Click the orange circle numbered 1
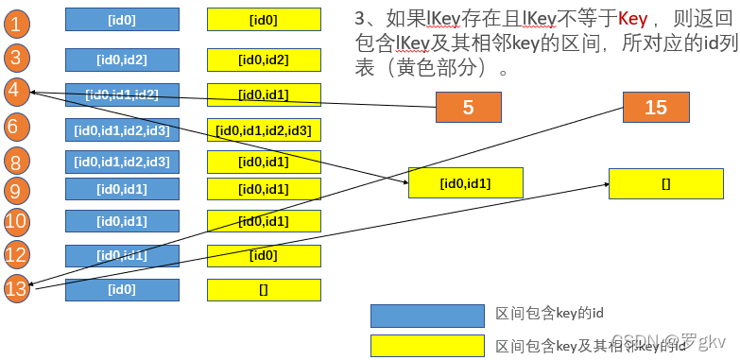tap(16, 23)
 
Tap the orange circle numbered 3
tap(16, 59)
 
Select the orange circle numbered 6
tap(16, 126)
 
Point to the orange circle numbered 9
tap(16, 190)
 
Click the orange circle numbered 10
tap(16, 222)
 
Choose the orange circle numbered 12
tap(16, 254)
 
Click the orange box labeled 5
tap(468, 108)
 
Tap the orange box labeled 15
tap(655, 108)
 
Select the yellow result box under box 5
tap(465, 182)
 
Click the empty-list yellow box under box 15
tap(665, 182)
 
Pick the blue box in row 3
tap(122, 60)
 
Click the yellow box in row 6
tap(264, 129)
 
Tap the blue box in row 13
tap(122, 289)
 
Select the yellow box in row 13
tap(264, 289)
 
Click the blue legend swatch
tap(426, 314)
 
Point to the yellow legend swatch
tap(426, 345)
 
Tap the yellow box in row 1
tap(264, 20)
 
